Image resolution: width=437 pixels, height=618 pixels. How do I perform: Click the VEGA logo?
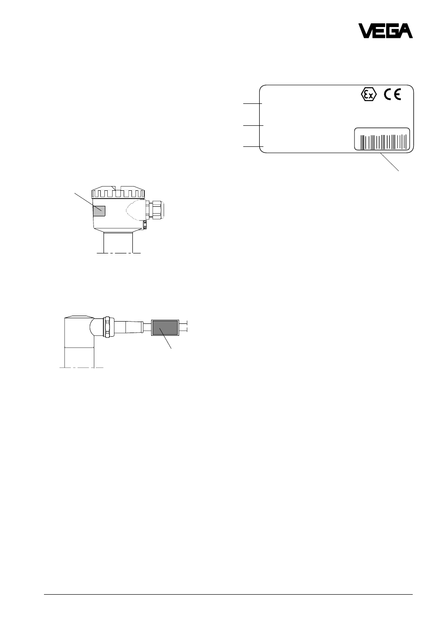pos(385,31)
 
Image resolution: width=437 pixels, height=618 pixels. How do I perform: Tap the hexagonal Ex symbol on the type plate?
pos(369,95)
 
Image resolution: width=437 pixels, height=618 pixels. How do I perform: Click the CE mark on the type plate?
pos(392,95)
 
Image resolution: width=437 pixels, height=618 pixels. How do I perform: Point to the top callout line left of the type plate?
pos(252,103)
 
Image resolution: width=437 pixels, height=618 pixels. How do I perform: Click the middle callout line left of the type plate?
pos(253,125)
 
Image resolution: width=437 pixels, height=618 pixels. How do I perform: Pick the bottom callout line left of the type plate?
pos(253,146)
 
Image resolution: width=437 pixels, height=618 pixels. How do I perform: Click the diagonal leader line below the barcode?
pos(389,162)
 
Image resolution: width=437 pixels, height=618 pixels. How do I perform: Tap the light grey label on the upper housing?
pos(99,211)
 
